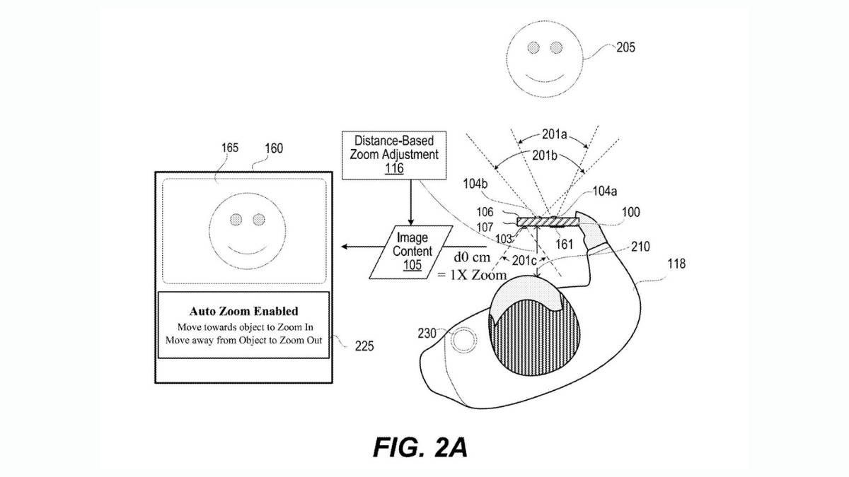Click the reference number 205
(625, 48)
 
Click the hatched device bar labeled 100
(548, 221)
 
